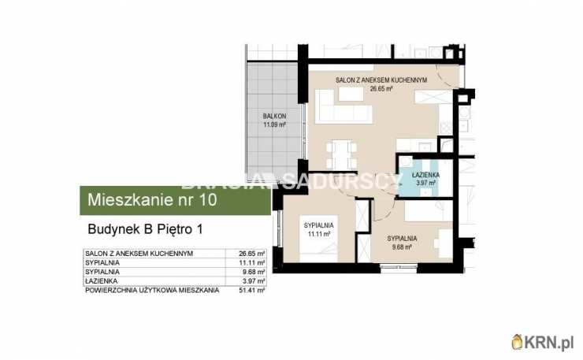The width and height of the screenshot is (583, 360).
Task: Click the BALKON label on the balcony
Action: point(274,117)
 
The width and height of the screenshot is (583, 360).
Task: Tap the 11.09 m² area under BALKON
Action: point(274,124)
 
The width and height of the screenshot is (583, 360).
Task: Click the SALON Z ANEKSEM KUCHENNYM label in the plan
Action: point(381,80)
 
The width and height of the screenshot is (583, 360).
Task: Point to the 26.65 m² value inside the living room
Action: point(381,88)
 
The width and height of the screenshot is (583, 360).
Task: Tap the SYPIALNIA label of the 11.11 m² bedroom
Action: point(319,225)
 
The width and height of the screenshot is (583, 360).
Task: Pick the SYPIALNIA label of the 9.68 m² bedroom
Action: point(402,237)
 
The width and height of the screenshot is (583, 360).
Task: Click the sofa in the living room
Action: point(343,109)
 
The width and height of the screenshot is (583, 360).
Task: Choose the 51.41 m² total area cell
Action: point(252,291)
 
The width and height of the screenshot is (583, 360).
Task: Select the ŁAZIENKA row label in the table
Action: point(102,281)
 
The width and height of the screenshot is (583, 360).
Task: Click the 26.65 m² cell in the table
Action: point(252,254)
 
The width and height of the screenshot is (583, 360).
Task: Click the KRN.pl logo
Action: point(544,341)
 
